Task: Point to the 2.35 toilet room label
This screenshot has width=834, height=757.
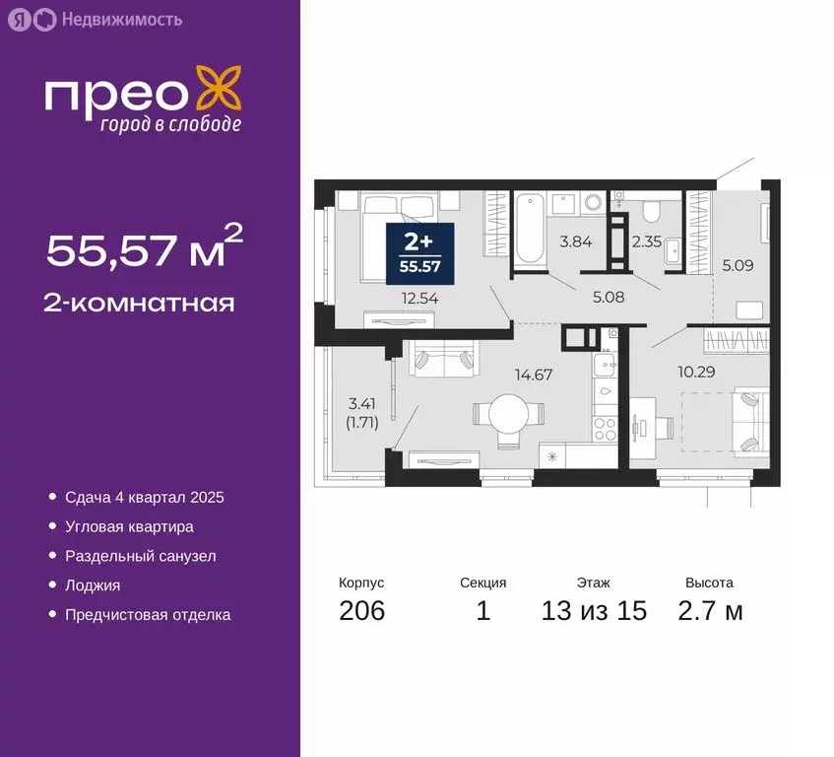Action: click(x=646, y=241)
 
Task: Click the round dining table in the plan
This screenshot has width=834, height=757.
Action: click(x=506, y=415)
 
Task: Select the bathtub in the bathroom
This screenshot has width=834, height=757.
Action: click(x=529, y=228)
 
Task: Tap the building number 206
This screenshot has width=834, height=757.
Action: click(x=361, y=611)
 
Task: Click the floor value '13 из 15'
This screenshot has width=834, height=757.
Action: click(x=594, y=611)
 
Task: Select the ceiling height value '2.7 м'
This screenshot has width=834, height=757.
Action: click(x=709, y=611)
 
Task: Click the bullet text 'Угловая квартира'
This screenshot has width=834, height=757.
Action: click(x=129, y=526)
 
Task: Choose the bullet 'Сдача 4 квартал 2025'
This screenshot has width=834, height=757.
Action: click(x=145, y=497)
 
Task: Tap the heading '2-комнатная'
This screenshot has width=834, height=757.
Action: click(x=140, y=302)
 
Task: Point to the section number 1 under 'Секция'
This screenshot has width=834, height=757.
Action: click(x=482, y=611)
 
